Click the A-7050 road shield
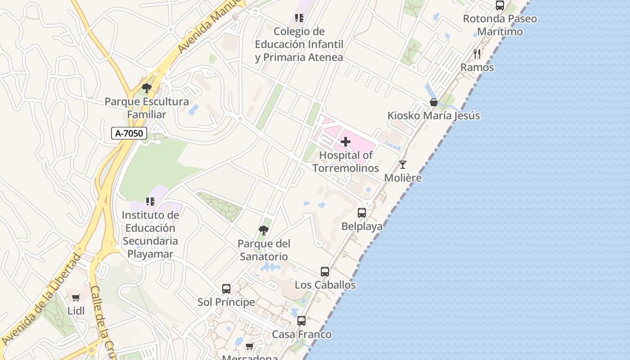129,133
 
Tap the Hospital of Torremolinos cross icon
346,142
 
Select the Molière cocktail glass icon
403,165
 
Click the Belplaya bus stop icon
362,213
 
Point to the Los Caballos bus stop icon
325,272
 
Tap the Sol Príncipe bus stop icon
226,289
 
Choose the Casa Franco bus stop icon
301,321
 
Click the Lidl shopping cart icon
76,297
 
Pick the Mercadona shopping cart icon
250,346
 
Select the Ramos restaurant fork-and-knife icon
477,54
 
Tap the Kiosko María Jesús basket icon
434,102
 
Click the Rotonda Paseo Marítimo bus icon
500,5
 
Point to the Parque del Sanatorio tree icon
264,230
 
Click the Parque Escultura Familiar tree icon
146,88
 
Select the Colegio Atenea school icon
299,18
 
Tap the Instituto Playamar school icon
150,202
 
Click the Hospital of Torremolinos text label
346,162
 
